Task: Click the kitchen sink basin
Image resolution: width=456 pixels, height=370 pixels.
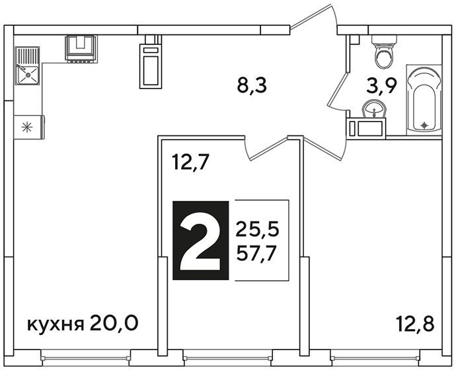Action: (x=27, y=75)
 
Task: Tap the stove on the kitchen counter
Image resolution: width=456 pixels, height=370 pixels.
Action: (x=81, y=49)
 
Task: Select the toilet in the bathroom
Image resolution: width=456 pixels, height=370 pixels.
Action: (x=384, y=52)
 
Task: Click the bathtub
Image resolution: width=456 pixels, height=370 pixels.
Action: (x=424, y=100)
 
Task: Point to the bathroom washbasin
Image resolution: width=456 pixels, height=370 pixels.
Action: (x=373, y=110)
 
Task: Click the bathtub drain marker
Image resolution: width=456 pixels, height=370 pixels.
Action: (x=424, y=126)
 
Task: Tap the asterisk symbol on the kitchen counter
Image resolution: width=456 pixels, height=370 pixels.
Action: (x=27, y=128)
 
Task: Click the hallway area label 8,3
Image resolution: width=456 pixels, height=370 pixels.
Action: (x=252, y=86)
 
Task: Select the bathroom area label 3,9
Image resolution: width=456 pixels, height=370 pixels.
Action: (x=381, y=86)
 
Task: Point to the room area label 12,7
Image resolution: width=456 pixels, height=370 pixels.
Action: (x=190, y=162)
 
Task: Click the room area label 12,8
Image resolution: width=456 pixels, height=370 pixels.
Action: (x=416, y=324)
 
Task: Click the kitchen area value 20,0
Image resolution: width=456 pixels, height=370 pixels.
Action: (x=114, y=324)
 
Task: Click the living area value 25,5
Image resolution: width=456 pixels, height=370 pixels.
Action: (x=257, y=229)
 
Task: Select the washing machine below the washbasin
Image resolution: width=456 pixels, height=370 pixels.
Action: (x=366, y=128)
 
